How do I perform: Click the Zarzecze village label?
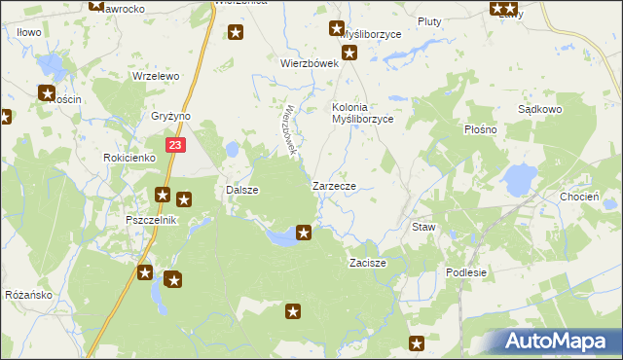[x=340, y=185]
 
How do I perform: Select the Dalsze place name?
[x=241, y=190]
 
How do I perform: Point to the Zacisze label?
[x=368, y=263]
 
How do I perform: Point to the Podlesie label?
[x=465, y=272]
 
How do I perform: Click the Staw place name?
[x=423, y=227]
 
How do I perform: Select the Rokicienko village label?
[x=129, y=157]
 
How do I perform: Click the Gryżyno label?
[x=171, y=116]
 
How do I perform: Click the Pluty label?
[x=429, y=20]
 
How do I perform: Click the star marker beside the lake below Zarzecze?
[x=304, y=233]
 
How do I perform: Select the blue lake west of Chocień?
[x=519, y=178]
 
